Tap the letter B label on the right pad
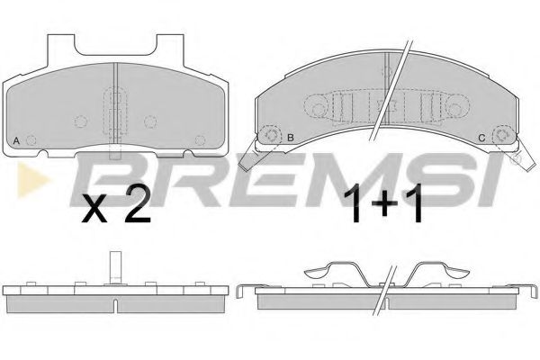(x=290, y=138)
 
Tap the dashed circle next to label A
(x=32, y=140)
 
